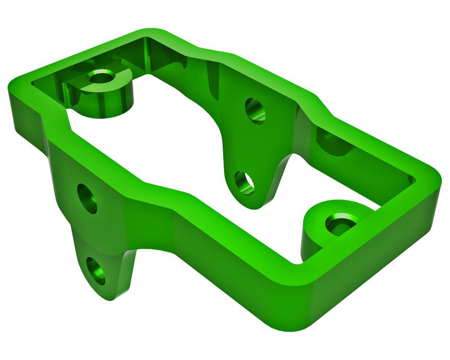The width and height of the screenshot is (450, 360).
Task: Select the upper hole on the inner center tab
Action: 255,111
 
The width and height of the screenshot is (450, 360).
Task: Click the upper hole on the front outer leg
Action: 87,198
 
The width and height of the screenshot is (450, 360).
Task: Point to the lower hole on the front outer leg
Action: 96,271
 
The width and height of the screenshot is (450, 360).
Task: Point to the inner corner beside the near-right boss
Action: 298,262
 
